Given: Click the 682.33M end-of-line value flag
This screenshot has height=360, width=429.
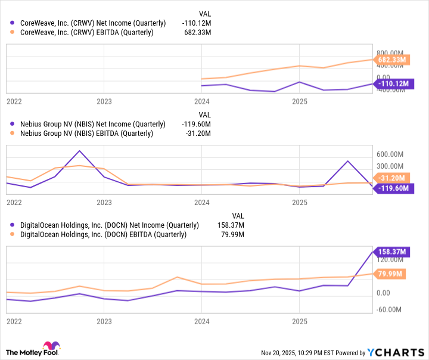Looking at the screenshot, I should (x=392, y=60).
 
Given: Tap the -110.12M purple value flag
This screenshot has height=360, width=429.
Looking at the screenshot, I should (x=392, y=83).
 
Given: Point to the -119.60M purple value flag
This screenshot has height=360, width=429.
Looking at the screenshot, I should (x=392, y=188).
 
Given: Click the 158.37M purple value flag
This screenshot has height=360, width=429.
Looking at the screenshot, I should (x=392, y=252).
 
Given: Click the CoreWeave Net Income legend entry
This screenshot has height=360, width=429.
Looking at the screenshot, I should (x=92, y=23).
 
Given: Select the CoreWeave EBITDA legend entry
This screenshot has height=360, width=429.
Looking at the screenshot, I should (x=86, y=32).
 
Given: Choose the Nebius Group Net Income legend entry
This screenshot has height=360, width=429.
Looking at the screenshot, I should (x=92, y=124).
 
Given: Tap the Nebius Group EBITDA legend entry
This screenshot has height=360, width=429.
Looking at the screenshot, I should (x=86, y=134).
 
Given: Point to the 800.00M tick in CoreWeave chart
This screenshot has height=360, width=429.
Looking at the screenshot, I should (x=391, y=52).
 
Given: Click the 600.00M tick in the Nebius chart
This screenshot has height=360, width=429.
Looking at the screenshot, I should (x=391, y=153).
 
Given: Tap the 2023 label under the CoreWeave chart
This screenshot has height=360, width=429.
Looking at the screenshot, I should (x=104, y=101).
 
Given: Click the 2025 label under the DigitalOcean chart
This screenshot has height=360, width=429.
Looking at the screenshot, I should (x=299, y=321).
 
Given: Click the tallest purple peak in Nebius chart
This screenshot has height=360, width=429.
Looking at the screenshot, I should (x=79, y=151).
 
